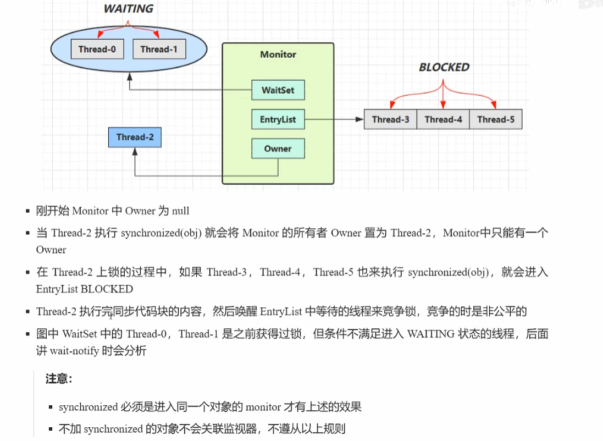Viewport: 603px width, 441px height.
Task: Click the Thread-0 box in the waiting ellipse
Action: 97,49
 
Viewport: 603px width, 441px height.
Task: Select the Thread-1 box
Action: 159,49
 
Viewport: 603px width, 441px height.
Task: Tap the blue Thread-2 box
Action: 135,137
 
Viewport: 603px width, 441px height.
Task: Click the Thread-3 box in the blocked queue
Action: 390,119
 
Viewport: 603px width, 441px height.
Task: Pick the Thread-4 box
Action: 443,119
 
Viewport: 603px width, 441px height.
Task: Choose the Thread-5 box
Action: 496,119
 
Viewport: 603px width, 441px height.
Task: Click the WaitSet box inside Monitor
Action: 278,90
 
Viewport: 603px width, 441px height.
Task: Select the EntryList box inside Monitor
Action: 278,119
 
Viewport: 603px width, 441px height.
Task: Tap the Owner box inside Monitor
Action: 278,148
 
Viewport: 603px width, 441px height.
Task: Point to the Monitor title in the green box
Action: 278,54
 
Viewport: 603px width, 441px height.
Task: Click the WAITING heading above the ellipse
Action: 128,9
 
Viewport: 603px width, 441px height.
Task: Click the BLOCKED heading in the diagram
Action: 444,67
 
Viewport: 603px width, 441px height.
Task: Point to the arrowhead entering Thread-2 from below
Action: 135,151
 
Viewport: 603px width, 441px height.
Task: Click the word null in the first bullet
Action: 181,211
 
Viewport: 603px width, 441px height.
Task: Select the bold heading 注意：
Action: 59,379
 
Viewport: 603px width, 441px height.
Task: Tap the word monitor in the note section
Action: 263,407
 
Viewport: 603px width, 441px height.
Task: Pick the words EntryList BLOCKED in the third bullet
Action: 85,289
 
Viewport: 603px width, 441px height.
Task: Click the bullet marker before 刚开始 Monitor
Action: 28,211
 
